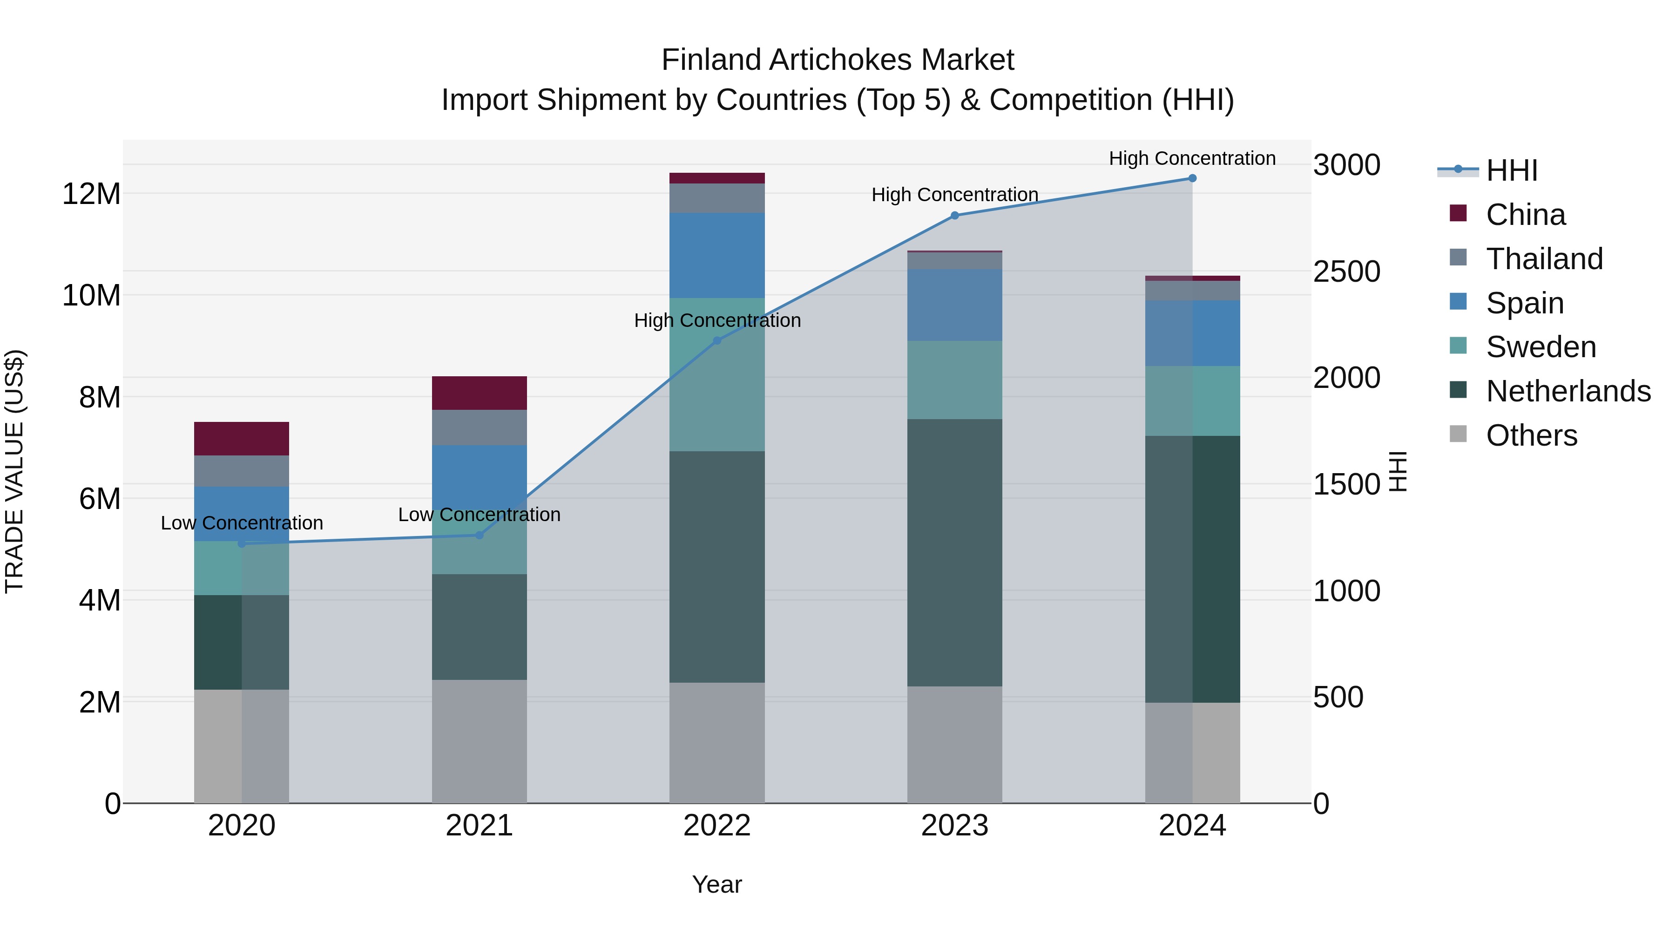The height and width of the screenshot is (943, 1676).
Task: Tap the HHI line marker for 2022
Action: (717, 340)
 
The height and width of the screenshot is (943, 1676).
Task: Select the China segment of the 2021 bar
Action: (479, 393)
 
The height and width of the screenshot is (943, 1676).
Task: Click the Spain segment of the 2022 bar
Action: (717, 255)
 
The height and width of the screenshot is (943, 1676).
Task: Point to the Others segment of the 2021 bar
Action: (479, 741)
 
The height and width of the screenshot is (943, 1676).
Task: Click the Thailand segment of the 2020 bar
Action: (241, 471)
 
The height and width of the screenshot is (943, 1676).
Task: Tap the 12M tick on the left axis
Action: (91, 194)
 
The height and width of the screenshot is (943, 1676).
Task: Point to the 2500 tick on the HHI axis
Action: (1346, 271)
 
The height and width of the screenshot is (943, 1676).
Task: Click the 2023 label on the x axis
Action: (954, 826)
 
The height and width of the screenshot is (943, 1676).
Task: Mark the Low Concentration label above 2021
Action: (479, 515)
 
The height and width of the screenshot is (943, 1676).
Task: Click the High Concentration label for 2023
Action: (954, 195)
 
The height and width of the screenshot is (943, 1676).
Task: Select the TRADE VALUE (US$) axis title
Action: (14, 471)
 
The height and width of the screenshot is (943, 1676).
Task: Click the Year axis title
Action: (717, 884)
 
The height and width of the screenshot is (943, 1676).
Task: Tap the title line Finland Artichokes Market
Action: (838, 60)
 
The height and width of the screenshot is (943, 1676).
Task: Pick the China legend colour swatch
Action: (1458, 213)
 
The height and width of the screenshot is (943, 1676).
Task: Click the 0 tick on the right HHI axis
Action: (1321, 804)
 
